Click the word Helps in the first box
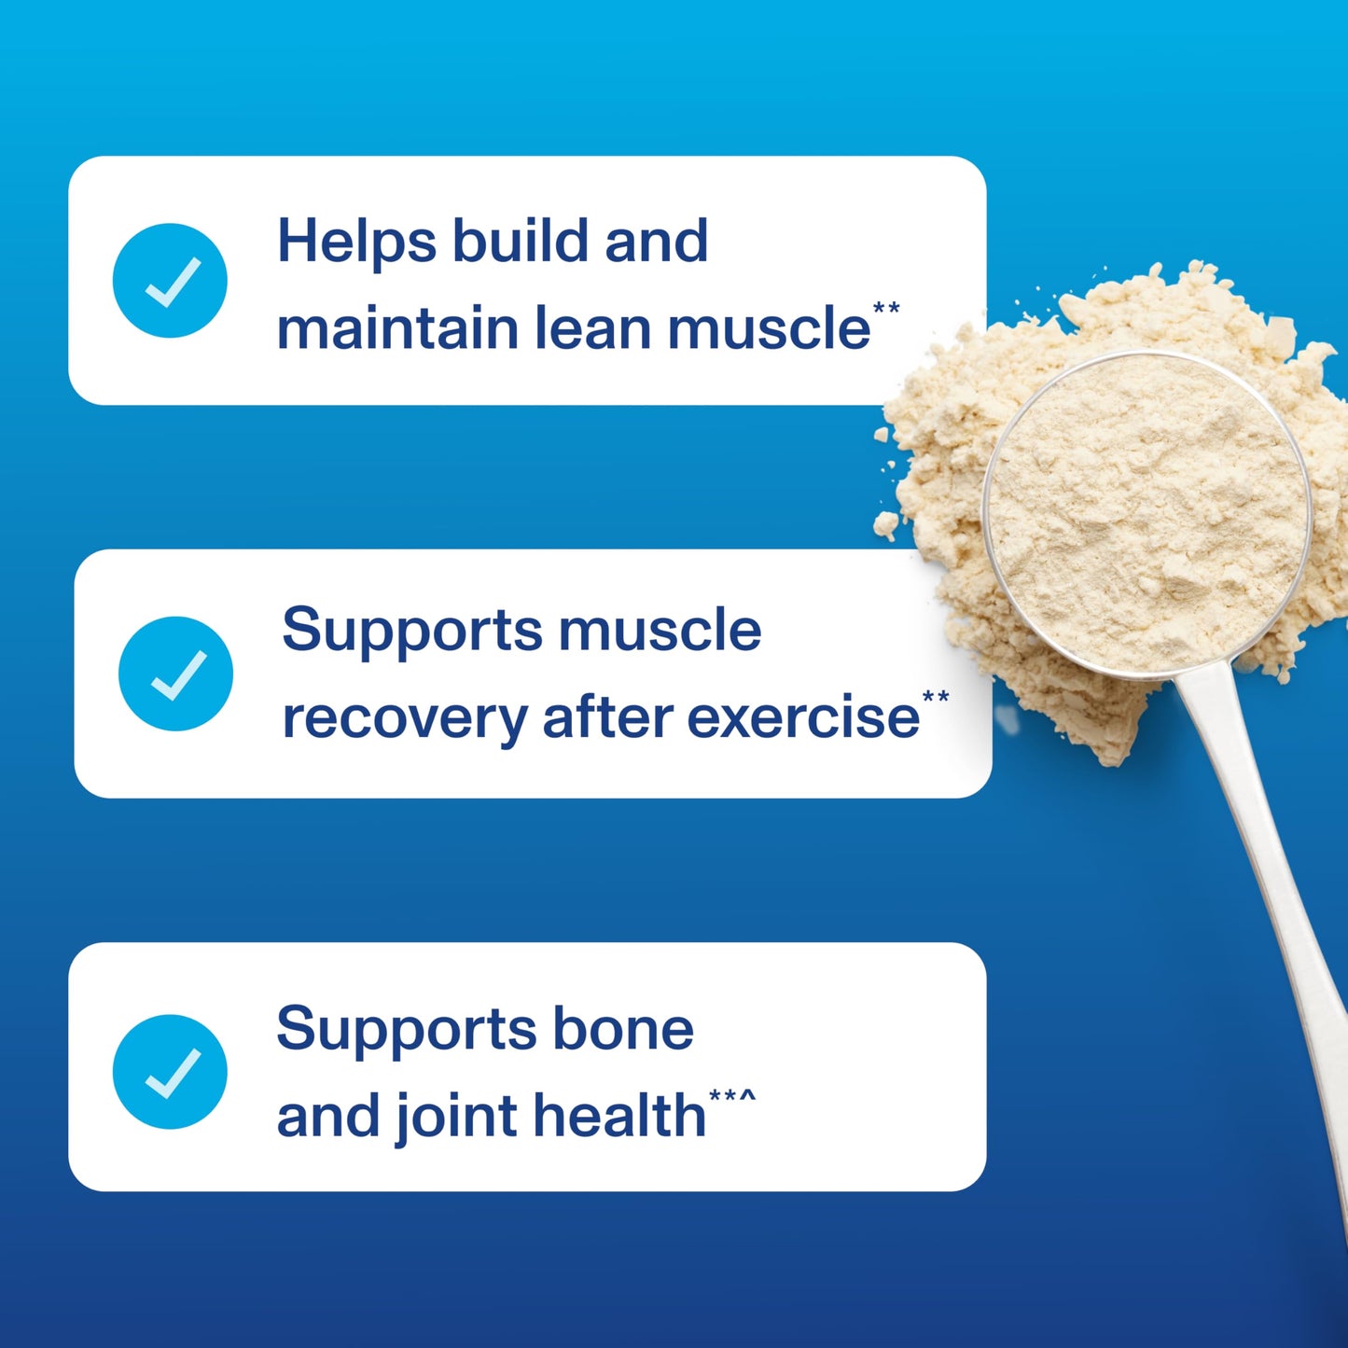(x=356, y=242)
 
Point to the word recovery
(x=404, y=718)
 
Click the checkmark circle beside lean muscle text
(x=170, y=280)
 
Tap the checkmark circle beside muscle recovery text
(x=175, y=674)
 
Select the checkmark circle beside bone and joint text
(x=170, y=1071)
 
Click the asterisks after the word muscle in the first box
(x=886, y=308)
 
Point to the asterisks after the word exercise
(x=936, y=697)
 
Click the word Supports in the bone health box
(x=405, y=1030)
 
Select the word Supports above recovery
(x=410, y=630)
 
